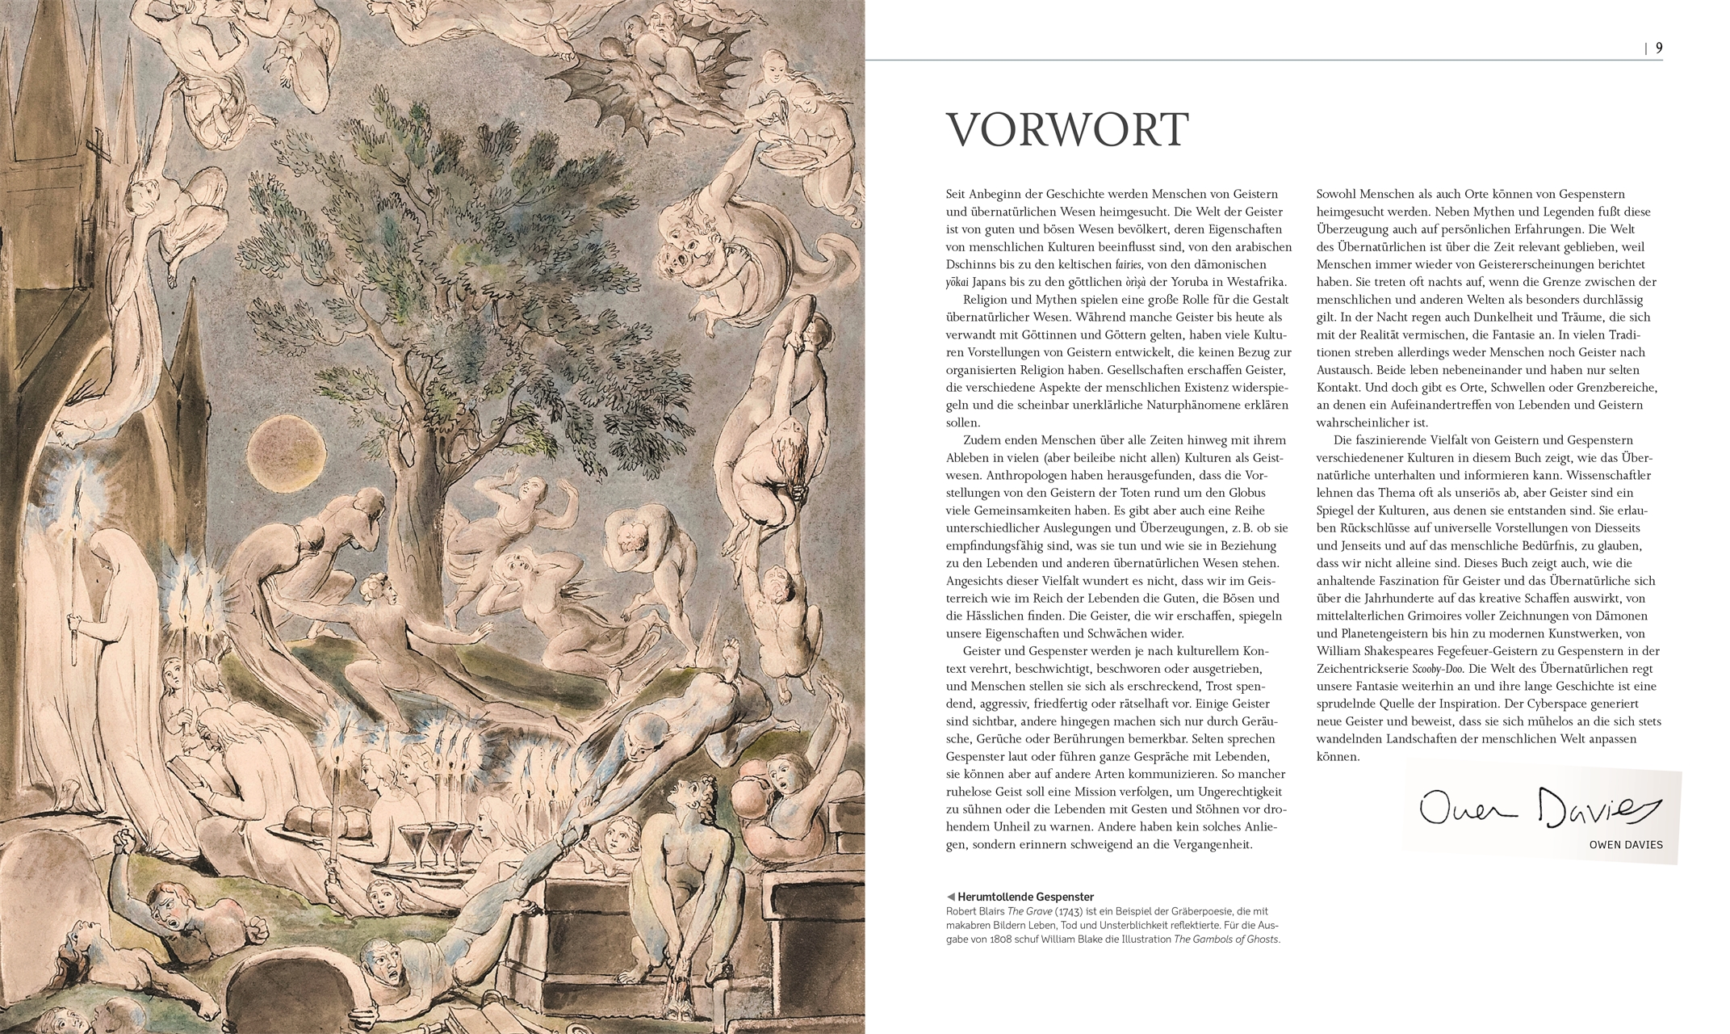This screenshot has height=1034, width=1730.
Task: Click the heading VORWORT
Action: (1067, 129)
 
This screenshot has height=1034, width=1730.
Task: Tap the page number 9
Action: (1659, 48)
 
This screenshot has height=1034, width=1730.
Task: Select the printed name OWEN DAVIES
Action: (1625, 845)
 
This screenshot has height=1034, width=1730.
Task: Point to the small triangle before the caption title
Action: (951, 897)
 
